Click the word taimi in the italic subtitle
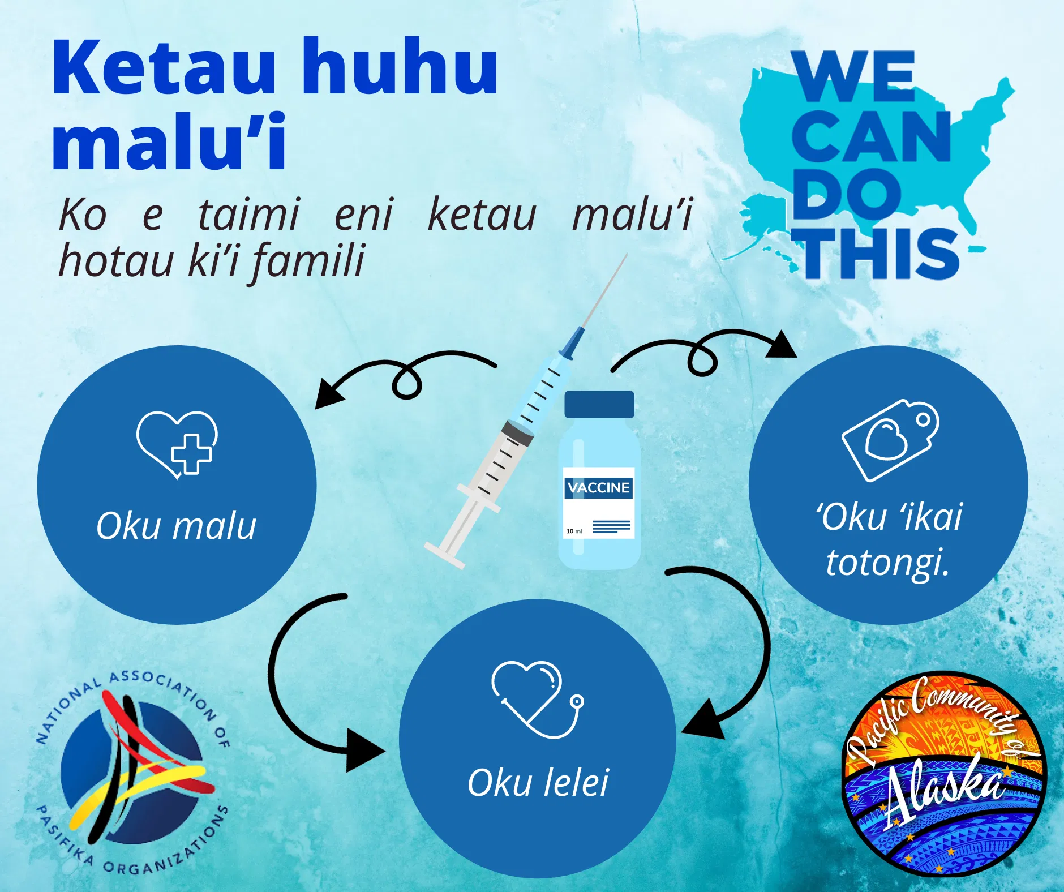(248, 215)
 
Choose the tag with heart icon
(890, 440)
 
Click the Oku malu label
(177, 526)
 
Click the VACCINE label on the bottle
(599, 488)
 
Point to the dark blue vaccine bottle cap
(599, 405)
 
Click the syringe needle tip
(628, 254)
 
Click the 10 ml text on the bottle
(574, 531)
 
